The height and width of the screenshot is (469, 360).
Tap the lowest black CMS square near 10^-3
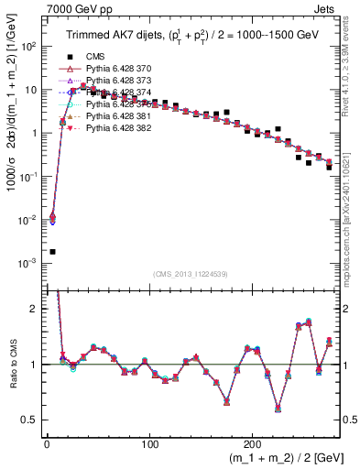[x=52, y=251]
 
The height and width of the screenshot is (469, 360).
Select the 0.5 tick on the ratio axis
[x=33, y=420]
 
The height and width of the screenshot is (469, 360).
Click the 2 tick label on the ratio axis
[x=37, y=310]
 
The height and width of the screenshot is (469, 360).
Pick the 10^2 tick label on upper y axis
[x=30, y=47]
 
